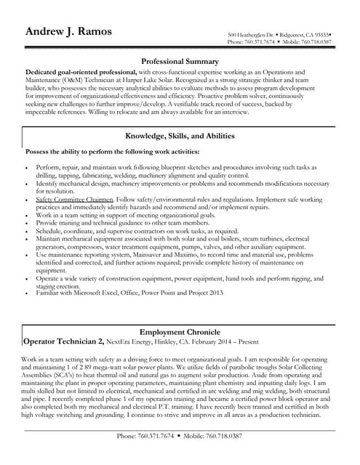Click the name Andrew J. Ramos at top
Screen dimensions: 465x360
[x=72, y=31]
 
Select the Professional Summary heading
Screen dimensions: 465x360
[x=180, y=62]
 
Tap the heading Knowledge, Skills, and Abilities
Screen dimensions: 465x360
[x=180, y=136]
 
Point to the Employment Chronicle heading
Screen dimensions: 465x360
[x=180, y=331]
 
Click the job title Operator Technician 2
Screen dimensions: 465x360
[x=63, y=340]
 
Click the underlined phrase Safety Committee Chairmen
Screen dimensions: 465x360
[x=74, y=199]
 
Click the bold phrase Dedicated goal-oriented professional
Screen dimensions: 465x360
[x=81, y=73]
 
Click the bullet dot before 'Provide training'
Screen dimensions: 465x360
[x=27, y=224]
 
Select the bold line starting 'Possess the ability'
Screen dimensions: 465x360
[x=112, y=151]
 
